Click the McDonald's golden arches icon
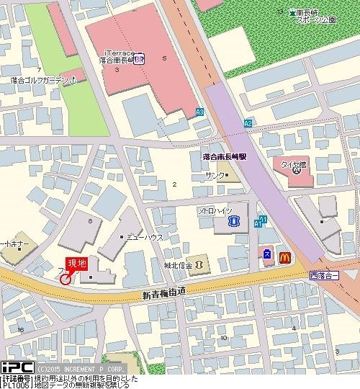click(x=283, y=254)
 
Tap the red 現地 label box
click(x=76, y=264)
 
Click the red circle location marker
click(x=66, y=278)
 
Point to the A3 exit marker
click(x=199, y=112)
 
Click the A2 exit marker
click(x=248, y=123)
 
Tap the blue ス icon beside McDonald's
click(x=266, y=254)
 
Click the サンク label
click(x=214, y=176)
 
